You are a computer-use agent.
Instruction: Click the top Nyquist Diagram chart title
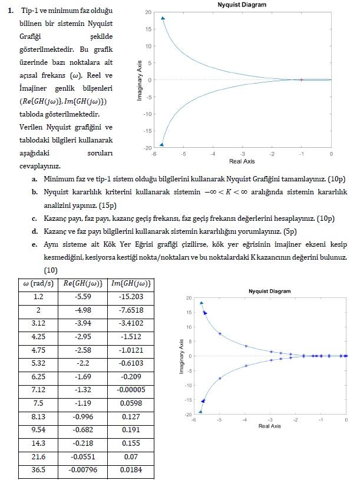point(242,5)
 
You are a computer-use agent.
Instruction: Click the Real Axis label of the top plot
point(242,161)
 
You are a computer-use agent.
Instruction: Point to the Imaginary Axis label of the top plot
point(140,80)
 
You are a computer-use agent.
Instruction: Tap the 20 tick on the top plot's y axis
point(148,12)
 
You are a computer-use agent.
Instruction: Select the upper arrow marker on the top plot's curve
point(163,18)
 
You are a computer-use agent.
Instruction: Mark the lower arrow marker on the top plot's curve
point(162,144)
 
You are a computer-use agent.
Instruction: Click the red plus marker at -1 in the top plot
point(301,79)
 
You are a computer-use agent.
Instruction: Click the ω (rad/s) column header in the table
point(38,284)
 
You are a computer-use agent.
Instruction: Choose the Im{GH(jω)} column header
point(131,284)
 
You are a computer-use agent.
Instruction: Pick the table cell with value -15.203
point(131,297)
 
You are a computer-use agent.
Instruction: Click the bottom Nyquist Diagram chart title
point(269,291)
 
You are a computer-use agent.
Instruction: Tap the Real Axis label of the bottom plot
point(269,425)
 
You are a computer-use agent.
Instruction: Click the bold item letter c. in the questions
point(35,218)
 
